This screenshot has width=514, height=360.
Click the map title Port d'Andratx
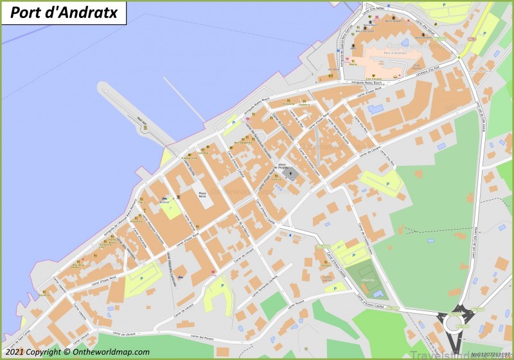point(64,12)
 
